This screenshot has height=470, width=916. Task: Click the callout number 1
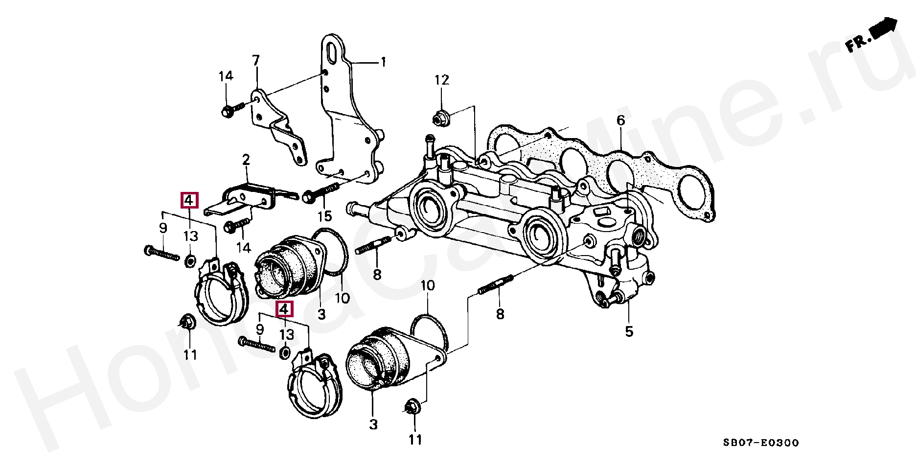384,62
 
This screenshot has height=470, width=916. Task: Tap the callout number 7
255,60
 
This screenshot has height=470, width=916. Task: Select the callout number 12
442,80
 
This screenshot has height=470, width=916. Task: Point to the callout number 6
620,120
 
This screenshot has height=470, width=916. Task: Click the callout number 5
629,331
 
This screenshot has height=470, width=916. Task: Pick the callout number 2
246,159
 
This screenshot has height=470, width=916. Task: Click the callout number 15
324,215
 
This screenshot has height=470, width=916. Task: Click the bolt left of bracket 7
233,110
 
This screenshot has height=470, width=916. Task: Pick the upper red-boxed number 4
189,200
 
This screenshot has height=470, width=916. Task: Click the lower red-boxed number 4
284,309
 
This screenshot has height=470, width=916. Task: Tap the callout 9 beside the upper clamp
163,228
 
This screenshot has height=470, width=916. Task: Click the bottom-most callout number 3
373,424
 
